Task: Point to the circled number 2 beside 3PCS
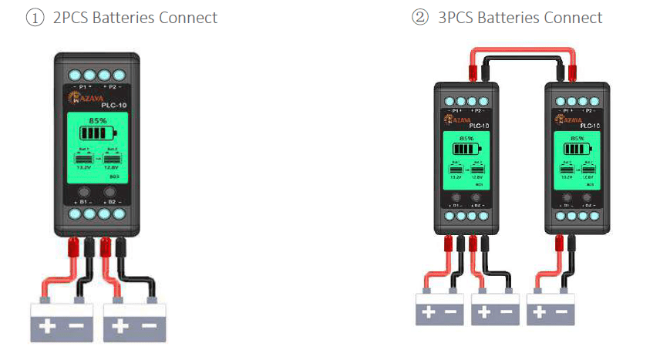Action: pos(420,18)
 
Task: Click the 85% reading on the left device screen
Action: pos(97,121)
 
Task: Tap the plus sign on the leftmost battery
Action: pos(47,326)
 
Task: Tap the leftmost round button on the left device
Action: pos(84,191)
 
